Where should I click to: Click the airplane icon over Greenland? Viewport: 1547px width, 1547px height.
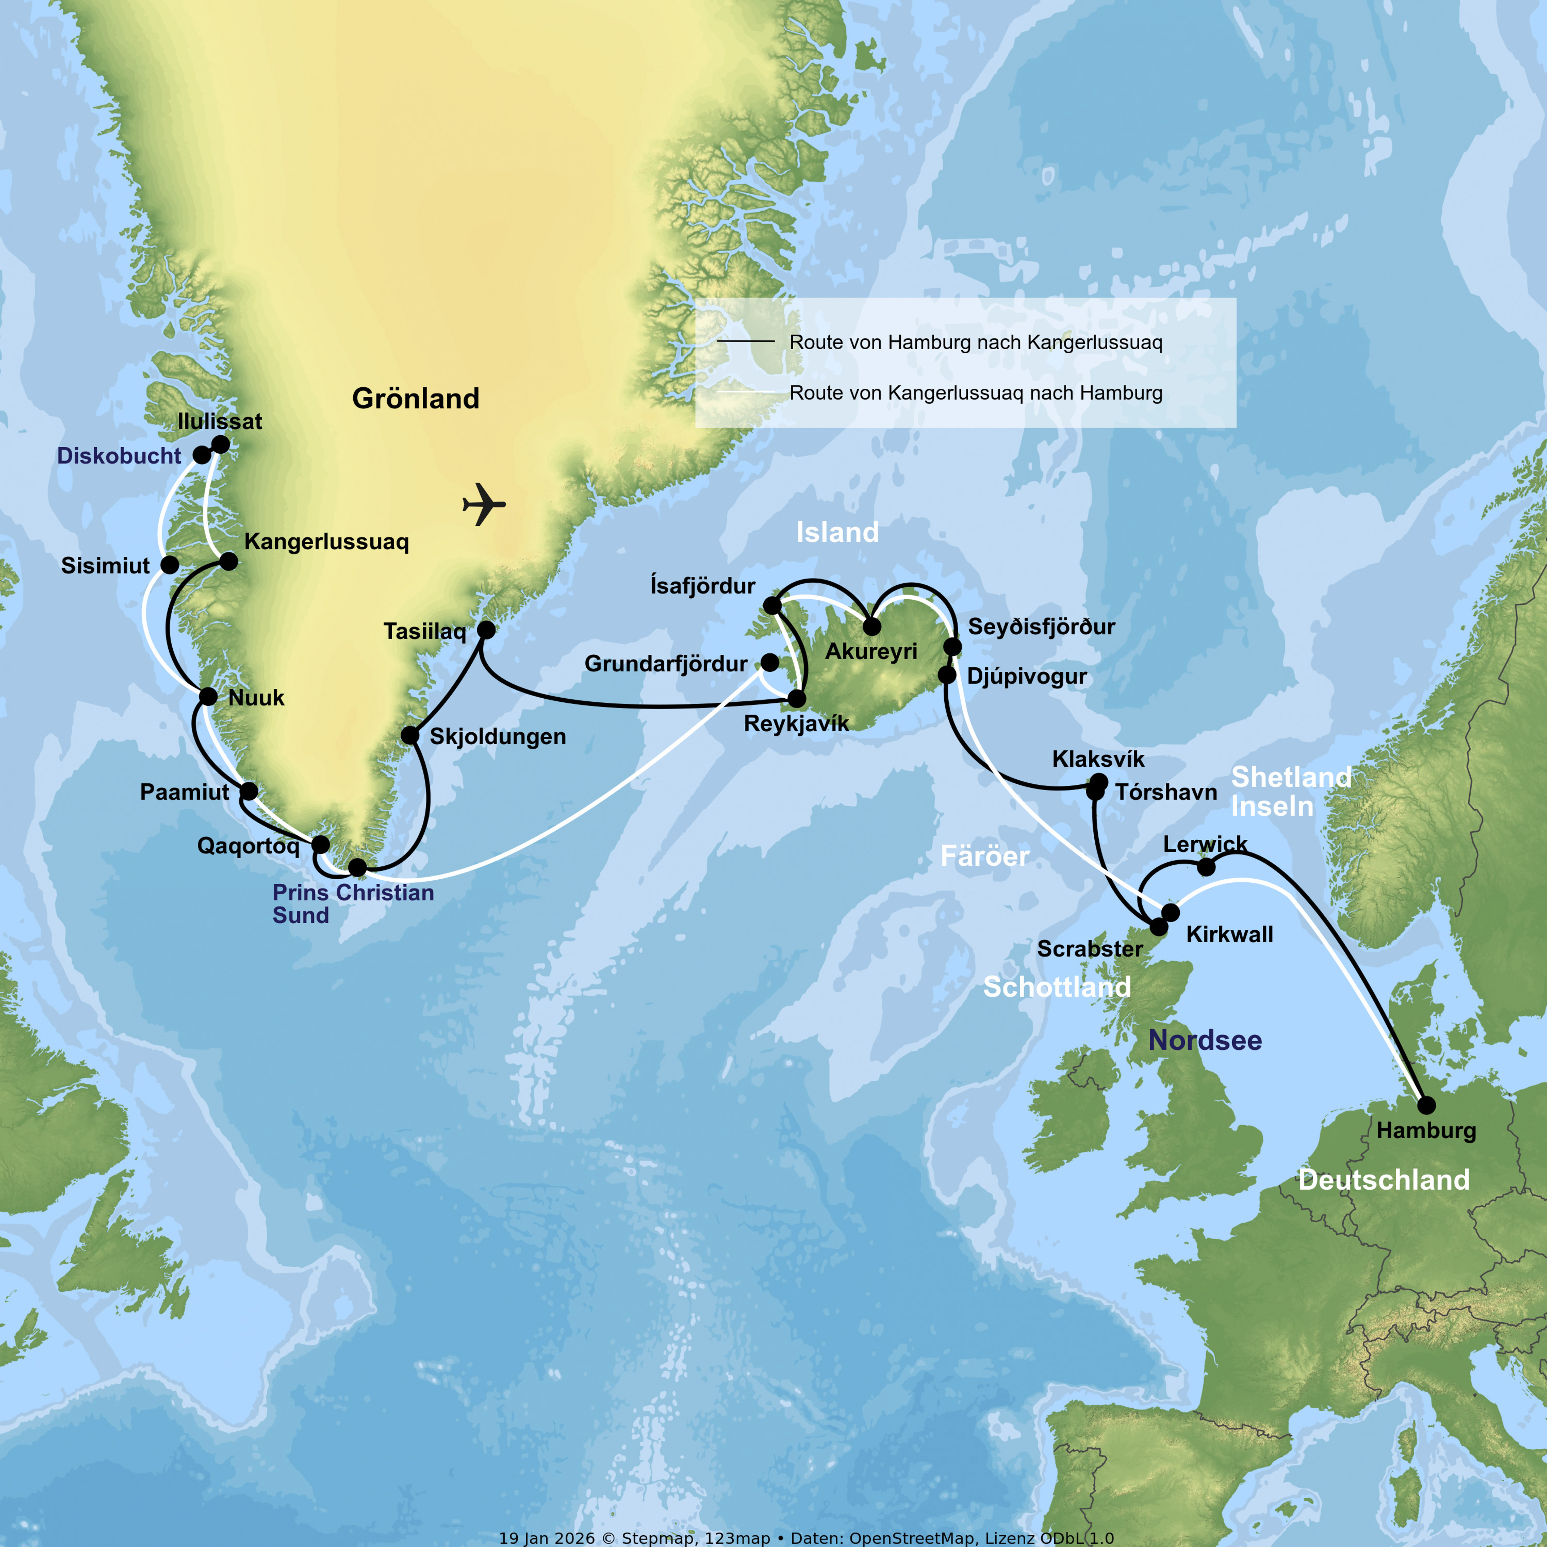tap(484, 504)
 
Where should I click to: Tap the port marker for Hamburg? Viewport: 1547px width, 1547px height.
tap(1426, 1105)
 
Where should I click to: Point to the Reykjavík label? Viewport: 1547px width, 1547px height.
tap(796, 724)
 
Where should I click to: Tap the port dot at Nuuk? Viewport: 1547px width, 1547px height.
tap(208, 697)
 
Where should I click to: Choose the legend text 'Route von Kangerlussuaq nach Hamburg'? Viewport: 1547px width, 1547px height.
tap(975, 393)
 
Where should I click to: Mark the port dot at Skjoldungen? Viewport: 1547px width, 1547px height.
tap(410, 735)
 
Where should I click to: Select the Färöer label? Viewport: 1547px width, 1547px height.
tap(984, 856)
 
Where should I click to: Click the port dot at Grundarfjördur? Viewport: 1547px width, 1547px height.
tap(769, 662)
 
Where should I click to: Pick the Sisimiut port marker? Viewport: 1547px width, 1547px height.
tap(170, 565)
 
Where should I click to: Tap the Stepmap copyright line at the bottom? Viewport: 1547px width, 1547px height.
tap(806, 1538)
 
